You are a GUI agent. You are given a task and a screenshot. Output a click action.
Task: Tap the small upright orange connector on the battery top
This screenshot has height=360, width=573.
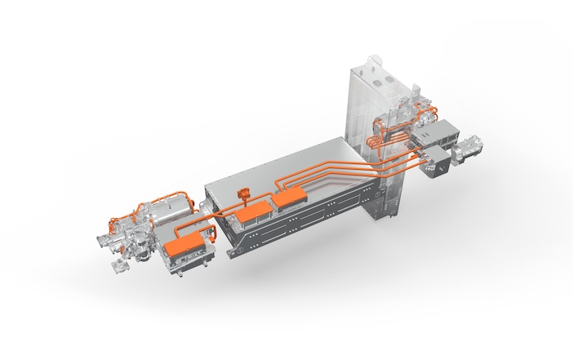click(x=242, y=193)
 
